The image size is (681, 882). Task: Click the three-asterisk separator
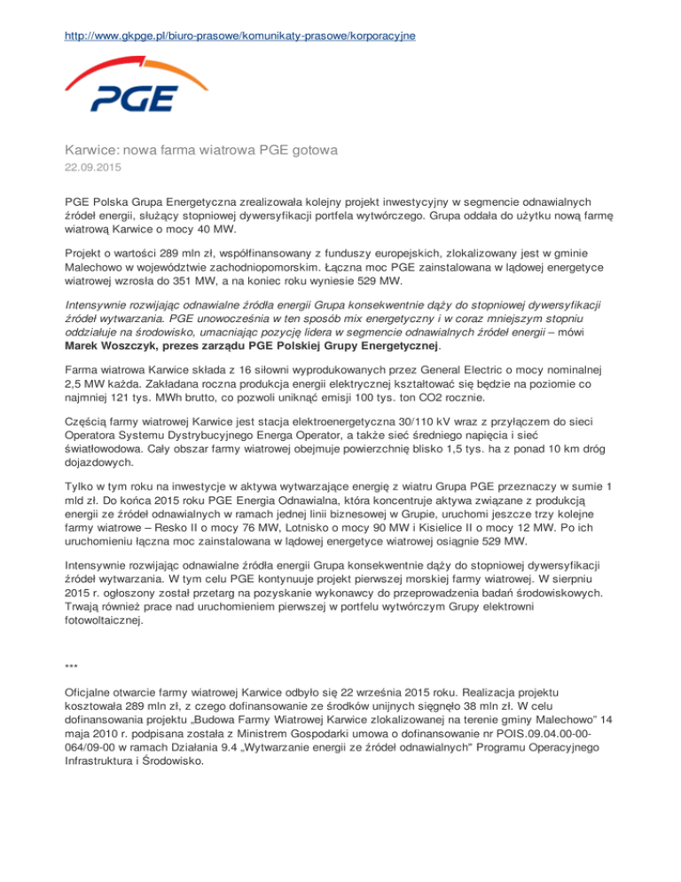point(72,665)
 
